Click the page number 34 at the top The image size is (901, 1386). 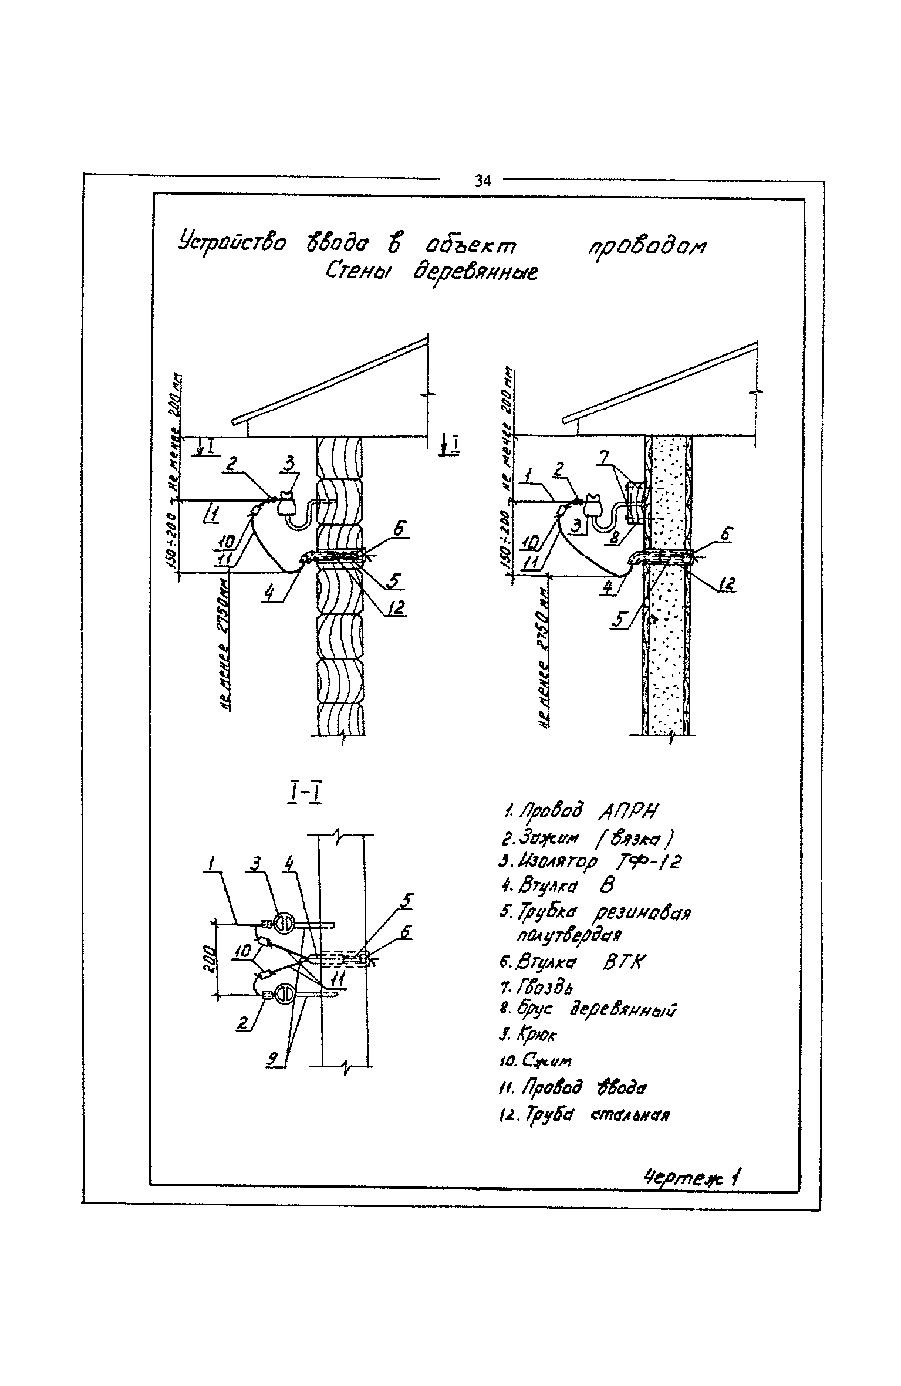click(x=482, y=181)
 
